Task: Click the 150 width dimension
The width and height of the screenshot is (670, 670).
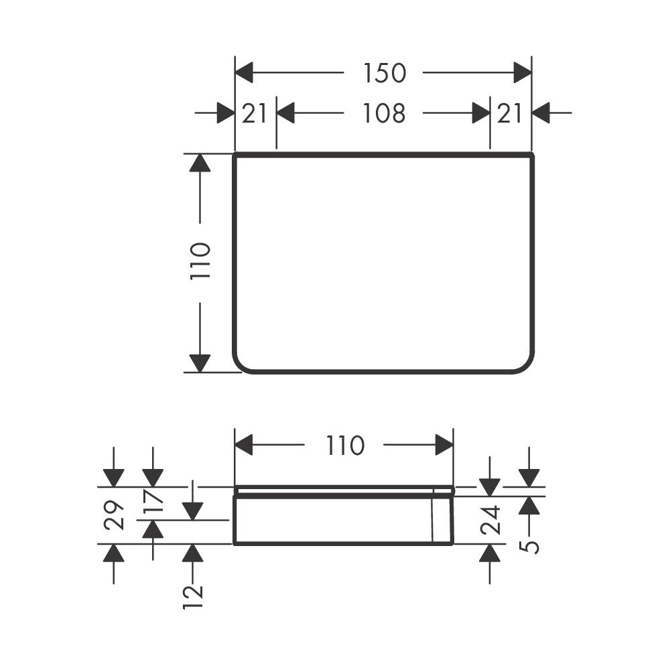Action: coord(384,73)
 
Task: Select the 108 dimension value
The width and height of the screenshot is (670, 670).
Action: coord(384,114)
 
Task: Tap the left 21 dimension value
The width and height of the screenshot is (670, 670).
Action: coord(254,114)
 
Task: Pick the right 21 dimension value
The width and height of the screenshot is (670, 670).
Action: coord(509,114)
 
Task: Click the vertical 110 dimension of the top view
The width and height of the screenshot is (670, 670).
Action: coord(200,261)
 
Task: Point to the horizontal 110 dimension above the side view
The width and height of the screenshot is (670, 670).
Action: coord(345,446)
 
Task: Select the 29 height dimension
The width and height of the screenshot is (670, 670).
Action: coord(114,515)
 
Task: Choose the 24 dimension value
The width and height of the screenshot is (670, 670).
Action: coord(490,520)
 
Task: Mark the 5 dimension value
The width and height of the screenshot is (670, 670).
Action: coord(530,547)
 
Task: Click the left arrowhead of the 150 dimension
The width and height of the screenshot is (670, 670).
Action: coord(244,72)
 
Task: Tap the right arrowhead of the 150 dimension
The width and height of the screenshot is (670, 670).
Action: coord(523,72)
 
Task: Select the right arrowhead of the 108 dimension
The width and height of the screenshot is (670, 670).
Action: coord(481,113)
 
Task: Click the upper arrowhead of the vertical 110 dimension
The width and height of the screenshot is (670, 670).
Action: coord(200,163)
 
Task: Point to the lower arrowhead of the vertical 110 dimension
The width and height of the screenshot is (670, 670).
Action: coord(200,363)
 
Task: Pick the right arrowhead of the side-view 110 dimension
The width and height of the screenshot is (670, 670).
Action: coord(444,445)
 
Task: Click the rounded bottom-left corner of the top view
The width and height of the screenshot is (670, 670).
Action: coord(239,366)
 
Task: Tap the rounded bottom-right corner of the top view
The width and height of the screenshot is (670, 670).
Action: coord(528,366)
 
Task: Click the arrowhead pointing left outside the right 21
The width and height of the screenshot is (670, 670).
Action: coord(541,113)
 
